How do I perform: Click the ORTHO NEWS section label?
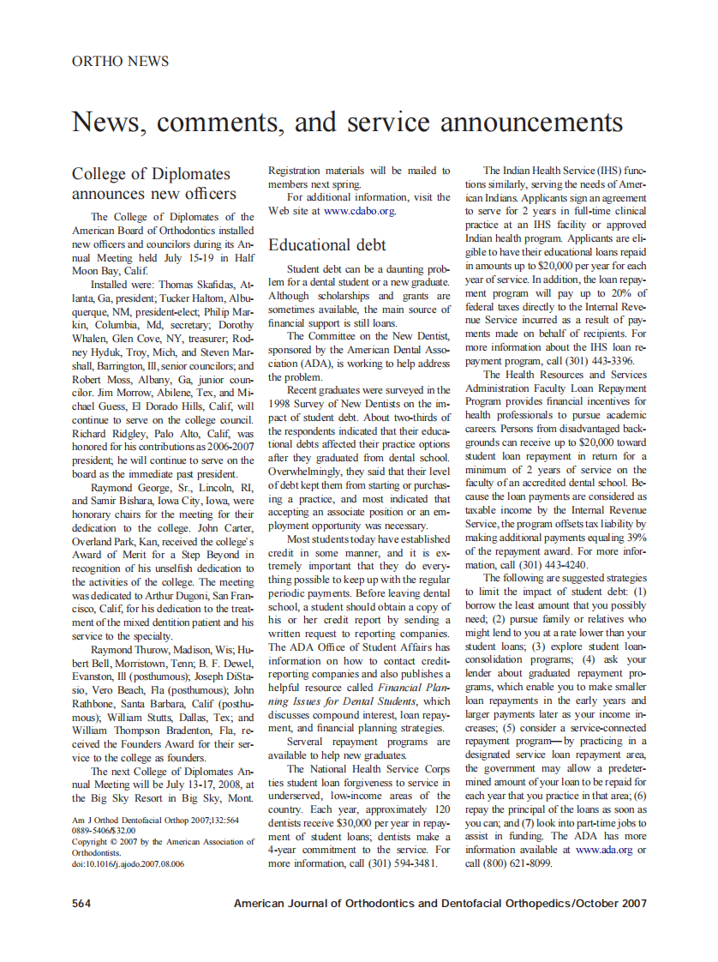(120, 61)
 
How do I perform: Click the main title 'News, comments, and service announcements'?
(347, 121)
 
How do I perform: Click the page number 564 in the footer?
(82, 904)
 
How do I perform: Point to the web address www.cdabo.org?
(359, 210)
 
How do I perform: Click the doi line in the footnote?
(128, 863)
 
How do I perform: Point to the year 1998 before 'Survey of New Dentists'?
(282, 403)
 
